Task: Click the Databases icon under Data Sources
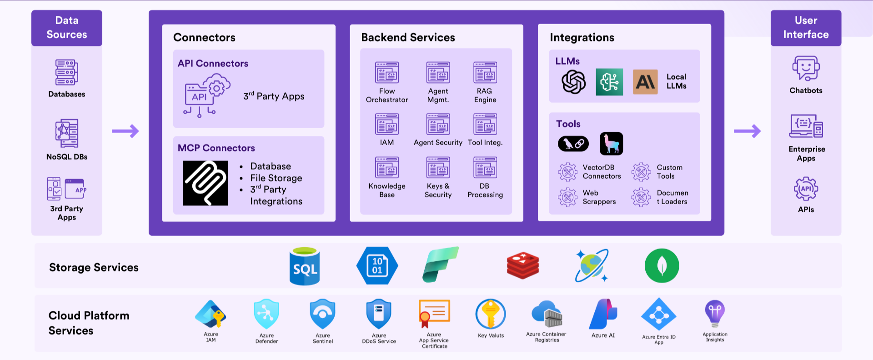[67, 72]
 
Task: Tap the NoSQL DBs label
[67, 157]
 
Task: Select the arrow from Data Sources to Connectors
[125, 131]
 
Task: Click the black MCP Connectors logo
[206, 183]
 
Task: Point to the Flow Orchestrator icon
[387, 72]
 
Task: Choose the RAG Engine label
[485, 95]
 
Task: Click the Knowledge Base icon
[387, 167]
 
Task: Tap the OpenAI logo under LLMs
[573, 82]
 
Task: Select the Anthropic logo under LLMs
[645, 82]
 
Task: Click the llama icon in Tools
[612, 144]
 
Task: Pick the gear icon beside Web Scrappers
[567, 197]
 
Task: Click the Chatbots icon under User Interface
[806, 68]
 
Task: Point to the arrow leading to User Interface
[747, 131]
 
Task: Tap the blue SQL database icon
[305, 266]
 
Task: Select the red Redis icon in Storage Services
[523, 266]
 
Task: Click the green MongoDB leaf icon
[662, 266]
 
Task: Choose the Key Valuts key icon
[491, 314]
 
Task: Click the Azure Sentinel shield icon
[322, 314]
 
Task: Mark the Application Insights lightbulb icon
[715, 313]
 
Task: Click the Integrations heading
[582, 38]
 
